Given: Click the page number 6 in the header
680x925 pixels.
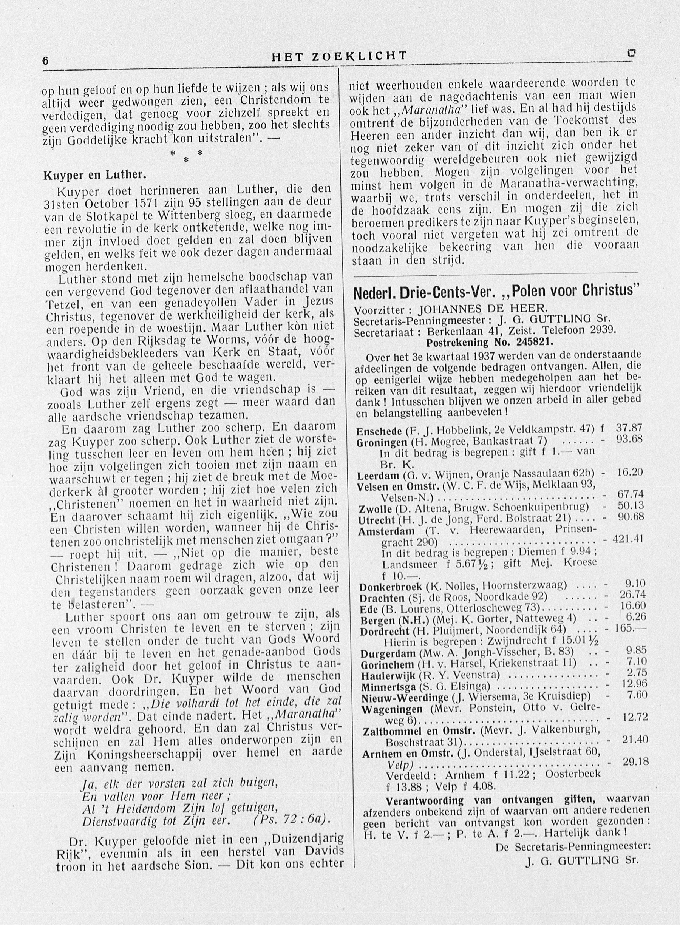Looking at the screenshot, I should pyautogui.click(x=46, y=60).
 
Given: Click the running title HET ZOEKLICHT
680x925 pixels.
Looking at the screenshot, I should pyautogui.click(x=340, y=56).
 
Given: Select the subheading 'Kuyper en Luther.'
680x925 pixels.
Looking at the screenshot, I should pyautogui.click(x=95, y=175).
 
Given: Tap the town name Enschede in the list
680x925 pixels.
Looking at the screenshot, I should pyautogui.click(x=379, y=432).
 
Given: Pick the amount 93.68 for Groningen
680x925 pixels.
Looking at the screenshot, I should pyautogui.click(x=629, y=439).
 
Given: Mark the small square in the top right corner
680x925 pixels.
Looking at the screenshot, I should pyautogui.click(x=631, y=53).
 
